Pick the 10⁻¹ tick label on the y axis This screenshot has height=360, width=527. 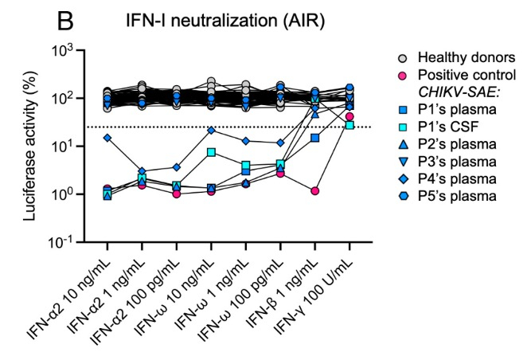[59, 241]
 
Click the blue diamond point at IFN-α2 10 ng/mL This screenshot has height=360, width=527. [107, 138]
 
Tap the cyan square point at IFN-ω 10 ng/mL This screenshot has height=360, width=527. [211, 152]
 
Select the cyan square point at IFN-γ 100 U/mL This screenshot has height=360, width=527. [349, 125]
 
